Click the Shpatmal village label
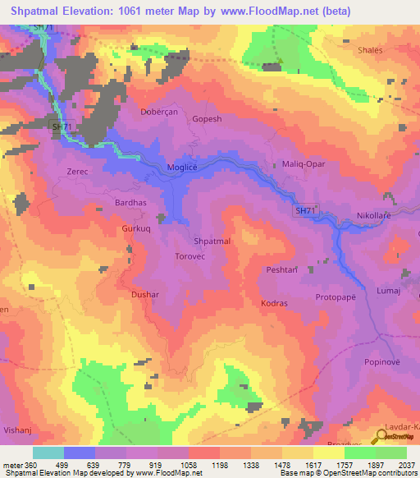[x=212, y=241]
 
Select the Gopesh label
[x=207, y=119]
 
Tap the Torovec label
[x=194, y=256]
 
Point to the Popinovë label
[x=384, y=361]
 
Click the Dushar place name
[x=145, y=293]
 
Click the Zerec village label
[x=77, y=172]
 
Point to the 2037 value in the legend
[x=404, y=466]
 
